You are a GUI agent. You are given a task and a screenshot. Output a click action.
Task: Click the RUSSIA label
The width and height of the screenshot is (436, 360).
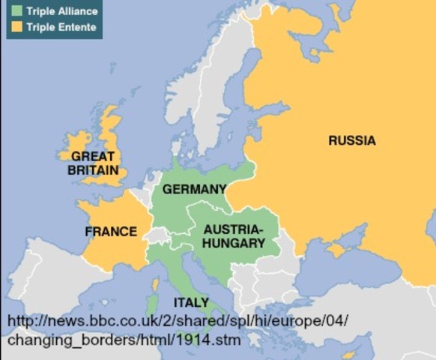351,140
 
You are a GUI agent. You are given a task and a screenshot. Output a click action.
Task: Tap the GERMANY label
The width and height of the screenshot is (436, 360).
194,189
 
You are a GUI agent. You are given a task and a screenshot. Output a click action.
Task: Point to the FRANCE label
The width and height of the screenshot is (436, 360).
111,231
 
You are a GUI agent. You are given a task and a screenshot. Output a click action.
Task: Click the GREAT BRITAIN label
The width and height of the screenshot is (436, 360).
93,163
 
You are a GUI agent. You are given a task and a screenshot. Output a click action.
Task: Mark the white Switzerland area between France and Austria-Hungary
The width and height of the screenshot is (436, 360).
157,235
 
